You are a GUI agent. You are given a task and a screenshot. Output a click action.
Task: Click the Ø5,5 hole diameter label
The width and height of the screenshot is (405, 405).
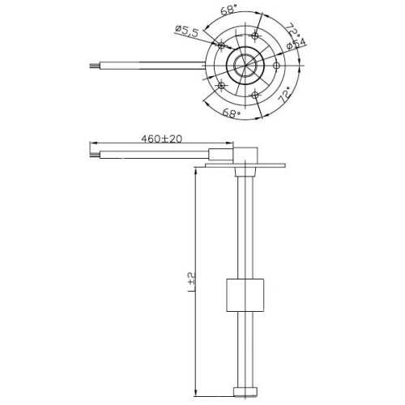pos(187,31)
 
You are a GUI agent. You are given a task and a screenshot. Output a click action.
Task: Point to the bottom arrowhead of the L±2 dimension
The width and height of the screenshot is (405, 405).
pos(197,394)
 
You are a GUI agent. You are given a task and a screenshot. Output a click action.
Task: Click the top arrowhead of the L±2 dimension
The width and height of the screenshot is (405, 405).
pos(197,171)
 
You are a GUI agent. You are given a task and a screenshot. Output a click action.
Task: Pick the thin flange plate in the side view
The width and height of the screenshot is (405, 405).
pos(243,165)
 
